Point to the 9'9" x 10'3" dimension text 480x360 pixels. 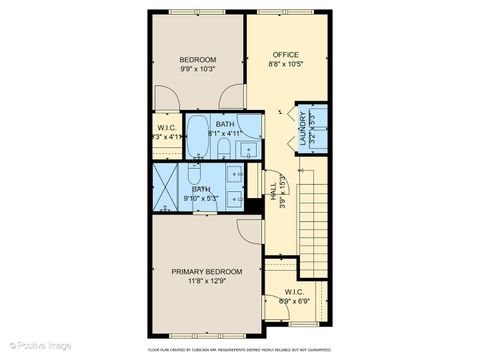click(x=198, y=70)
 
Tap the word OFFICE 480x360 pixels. click(x=285, y=54)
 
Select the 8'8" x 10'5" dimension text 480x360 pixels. click(x=285, y=65)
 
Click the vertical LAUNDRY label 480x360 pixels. click(x=303, y=129)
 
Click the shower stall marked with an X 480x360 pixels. click(x=167, y=186)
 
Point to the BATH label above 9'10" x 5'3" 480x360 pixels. click(x=201, y=189)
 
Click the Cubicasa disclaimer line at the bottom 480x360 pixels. click(x=240, y=350)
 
